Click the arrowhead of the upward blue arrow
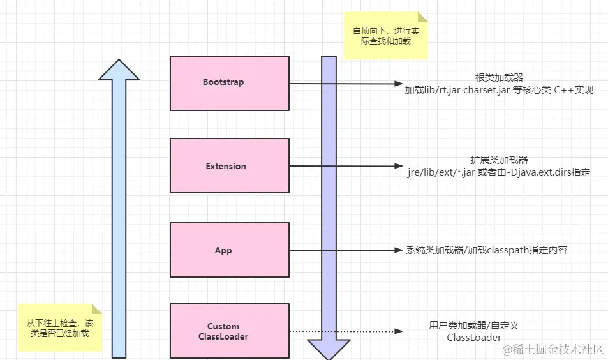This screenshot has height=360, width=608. point(119,70)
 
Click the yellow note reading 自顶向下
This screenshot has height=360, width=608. point(385,36)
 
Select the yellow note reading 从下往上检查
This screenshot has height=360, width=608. point(59,327)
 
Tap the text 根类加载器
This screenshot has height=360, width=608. point(499,77)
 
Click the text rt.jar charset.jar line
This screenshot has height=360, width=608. point(499,90)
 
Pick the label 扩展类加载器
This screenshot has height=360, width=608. point(499,160)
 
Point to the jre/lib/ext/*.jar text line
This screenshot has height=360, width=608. point(499,172)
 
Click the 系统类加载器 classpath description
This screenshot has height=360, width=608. point(486,250)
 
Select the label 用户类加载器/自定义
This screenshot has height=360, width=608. point(474,326)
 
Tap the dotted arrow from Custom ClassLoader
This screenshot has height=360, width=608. point(345,331)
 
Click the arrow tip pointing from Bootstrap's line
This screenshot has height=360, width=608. point(399,83)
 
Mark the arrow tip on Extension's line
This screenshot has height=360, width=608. point(399,167)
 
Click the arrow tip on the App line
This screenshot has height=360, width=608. point(399,250)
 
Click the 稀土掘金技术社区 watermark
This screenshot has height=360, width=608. point(552,349)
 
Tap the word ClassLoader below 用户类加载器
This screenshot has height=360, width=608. point(474,338)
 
